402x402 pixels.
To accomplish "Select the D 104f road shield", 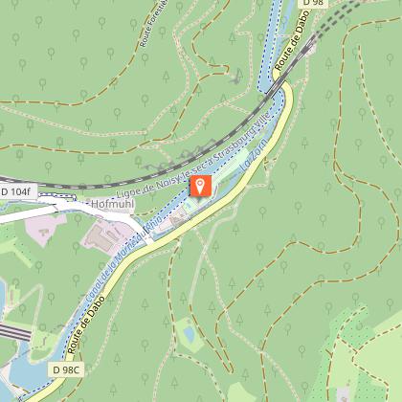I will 16,192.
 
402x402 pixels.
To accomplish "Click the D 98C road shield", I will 68,369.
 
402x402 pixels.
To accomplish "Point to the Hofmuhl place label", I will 113,205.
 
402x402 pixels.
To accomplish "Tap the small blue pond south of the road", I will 188,335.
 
